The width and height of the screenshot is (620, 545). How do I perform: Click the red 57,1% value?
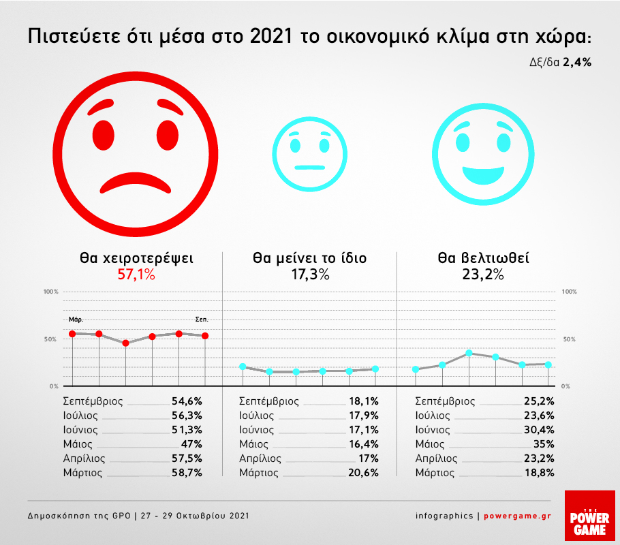pyautogui.click(x=136, y=275)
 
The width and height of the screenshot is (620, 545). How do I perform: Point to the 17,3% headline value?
pyautogui.click(x=309, y=275)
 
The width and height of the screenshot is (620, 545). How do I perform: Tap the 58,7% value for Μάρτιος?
pyautogui.click(x=188, y=472)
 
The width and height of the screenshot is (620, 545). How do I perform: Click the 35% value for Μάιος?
pyautogui.click(x=544, y=444)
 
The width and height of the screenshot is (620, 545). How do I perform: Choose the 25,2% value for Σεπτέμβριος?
pyautogui.click(x=540, y=401)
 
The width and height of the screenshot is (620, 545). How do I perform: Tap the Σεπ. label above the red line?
pyautogui.click(x=202, y=319)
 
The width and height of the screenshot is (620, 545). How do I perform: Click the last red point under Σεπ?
pyautogui.click(x=205, y=335)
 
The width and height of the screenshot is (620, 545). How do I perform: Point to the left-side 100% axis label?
pyautogui.click(x=52, y=292)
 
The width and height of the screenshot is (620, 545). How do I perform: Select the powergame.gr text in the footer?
pyautogui.click(x=517, y=516)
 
